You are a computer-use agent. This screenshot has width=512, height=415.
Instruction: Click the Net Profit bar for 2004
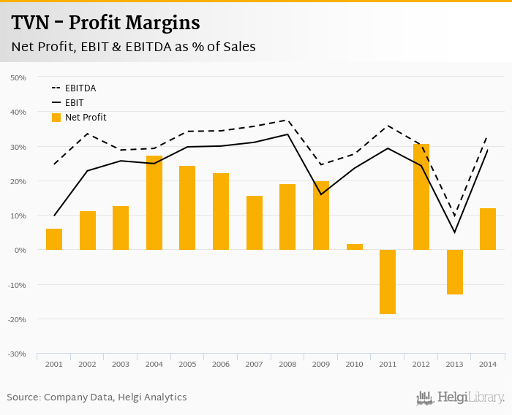coord(154,203)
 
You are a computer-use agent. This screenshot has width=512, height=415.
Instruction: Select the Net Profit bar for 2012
coord(421,197)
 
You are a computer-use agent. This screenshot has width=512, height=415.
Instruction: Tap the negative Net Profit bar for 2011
coord(388,282)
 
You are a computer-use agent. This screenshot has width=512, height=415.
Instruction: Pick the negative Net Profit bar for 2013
coord(454,272)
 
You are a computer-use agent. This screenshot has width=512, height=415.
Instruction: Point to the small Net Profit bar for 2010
coord(354,247)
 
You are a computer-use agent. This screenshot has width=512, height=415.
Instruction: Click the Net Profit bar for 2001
coord(54,240)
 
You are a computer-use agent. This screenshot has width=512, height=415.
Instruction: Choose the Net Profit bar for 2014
coord(488,229)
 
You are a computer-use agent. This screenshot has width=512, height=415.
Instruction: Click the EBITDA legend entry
coord(80,88)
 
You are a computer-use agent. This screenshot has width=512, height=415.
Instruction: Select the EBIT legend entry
coord(74,103)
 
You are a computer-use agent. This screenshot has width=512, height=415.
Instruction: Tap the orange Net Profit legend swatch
coord(56,117)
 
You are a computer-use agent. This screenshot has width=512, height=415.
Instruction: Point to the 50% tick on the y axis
coord(18,77)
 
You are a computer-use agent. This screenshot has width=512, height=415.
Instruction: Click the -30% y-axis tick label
coord(17,354)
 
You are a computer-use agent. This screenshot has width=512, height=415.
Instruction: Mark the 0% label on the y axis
coord(20,250)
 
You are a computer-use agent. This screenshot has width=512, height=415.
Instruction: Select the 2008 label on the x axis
coord(287,364)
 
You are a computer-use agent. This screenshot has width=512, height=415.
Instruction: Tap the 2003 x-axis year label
coord(121,364)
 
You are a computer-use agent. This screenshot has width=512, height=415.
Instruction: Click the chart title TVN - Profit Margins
coord(105,23)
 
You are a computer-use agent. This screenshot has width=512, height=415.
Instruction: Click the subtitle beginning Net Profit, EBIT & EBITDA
coord(133,47)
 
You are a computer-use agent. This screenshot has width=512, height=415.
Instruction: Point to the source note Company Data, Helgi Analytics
coord(97,397)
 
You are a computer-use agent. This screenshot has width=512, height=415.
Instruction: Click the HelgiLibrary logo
coord(460,397)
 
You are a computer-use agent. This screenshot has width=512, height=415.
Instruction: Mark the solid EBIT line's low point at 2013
coord(454,232)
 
